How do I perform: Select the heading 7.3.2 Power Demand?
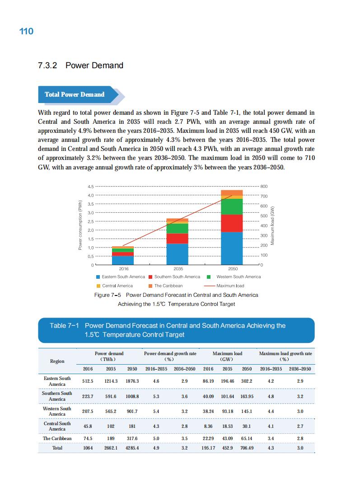point(81,66)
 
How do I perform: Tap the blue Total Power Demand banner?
point(75,94)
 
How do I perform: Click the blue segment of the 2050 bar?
point(232,248)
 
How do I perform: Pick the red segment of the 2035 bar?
point(177,238)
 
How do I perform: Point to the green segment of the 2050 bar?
point(232,206)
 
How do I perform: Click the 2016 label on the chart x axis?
point(123,268)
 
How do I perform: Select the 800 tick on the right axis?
point(265,186)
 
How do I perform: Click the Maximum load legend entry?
point(224,286)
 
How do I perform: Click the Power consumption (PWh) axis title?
point(80,225)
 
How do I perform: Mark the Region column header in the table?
point(57,361)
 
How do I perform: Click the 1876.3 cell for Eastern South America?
point(132,381)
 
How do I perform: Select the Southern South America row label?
point(57,396)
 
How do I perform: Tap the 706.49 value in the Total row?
point(247,448)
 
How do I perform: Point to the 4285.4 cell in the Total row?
point(132,448)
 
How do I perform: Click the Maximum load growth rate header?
point(285,356)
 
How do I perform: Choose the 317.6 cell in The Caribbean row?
point(132,438)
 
